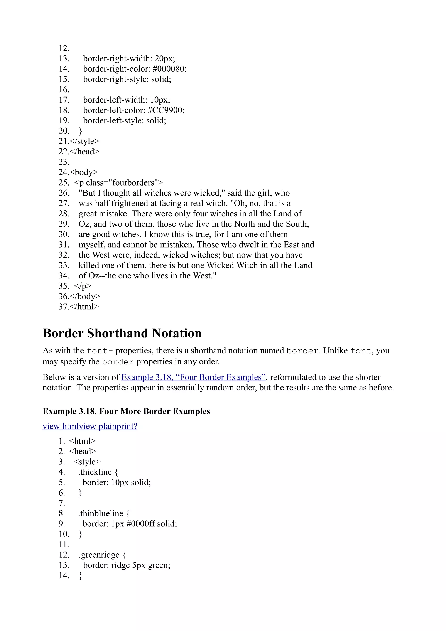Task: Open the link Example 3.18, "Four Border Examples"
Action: coord(193,377)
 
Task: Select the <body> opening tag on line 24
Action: coord(84,172)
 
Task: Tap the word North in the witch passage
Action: coord(244,224)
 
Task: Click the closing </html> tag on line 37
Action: coord(84,307)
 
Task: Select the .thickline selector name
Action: coord(95,472)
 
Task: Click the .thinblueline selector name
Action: coord(101,513)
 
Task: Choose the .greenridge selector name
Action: coord(99,555)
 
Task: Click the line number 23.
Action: coord(64,162)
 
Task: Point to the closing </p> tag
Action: coord(83,286)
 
